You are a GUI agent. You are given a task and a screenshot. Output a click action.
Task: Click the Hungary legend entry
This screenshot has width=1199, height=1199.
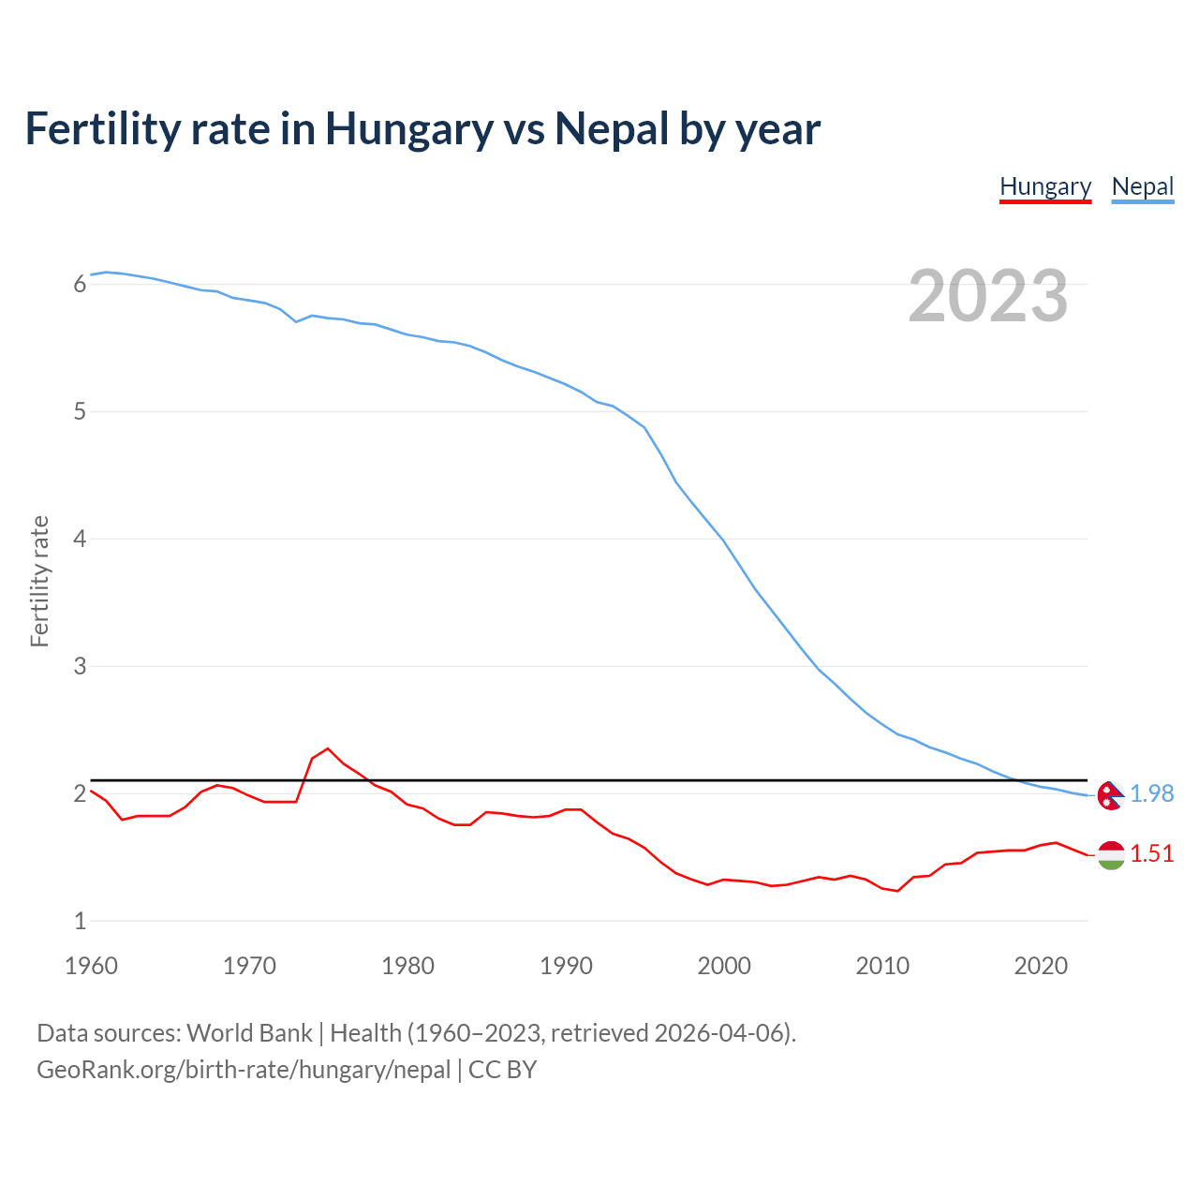pos(1045,186)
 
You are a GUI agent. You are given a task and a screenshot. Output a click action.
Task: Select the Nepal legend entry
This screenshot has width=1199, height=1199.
pos(1142,186)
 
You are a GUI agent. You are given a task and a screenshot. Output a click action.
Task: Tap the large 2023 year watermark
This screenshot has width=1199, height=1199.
pos(988,296)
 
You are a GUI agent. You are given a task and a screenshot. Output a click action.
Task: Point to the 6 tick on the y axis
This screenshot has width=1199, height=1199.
pos(80,284)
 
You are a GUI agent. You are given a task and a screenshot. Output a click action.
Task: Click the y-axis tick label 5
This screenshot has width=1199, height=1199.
pos(80,411)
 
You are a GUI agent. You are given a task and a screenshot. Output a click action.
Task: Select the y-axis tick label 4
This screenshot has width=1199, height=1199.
pos(80,539)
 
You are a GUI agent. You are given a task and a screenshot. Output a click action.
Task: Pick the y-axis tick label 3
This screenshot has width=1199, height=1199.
pos(80,666)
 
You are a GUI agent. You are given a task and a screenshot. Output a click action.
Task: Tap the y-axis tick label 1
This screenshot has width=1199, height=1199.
pos(80,921)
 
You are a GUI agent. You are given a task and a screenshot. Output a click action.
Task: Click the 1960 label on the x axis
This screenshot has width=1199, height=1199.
pos(91,966)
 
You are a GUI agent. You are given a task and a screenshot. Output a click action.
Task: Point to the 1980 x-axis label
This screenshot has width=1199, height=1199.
pos(407,966)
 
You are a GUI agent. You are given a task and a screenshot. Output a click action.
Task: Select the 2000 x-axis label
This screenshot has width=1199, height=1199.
pos(724,966)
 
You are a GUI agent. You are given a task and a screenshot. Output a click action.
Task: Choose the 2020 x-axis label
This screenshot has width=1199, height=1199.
pos(1041,966)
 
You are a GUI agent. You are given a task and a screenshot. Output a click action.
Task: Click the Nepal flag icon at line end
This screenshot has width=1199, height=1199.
pos(1111,794)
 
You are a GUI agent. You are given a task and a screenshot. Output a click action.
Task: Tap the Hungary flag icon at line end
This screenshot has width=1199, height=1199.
pos(1111,854)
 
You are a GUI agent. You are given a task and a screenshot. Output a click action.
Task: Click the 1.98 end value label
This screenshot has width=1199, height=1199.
pos(1151,793)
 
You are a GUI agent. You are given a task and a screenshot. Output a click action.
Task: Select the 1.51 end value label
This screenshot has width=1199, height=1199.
pos(1151,853)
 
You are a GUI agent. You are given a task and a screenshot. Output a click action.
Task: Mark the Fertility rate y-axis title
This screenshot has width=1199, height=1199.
pos(39,581)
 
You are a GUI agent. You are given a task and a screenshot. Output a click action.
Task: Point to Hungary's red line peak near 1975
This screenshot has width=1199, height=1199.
pos(327,748)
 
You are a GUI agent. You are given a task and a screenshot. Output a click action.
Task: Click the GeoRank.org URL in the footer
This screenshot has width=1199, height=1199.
pos(244,1069)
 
